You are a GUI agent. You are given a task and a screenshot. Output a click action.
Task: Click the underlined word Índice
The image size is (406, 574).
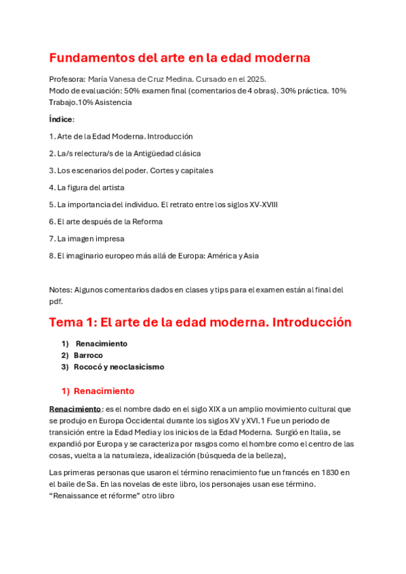click(61, 119)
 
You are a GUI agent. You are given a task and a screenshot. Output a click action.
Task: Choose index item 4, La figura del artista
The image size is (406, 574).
click(87, 187)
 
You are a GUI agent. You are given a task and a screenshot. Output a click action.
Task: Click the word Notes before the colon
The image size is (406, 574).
click(60, 290)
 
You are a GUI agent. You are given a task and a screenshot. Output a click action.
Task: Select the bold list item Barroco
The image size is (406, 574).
click(88, 355)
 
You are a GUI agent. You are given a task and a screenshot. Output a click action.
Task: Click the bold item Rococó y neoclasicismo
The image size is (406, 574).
click(119, 367)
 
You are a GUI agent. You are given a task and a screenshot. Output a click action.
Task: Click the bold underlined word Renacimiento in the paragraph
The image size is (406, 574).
click(75, 409)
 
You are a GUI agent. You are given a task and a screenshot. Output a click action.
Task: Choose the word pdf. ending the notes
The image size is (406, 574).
click(56, 302)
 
